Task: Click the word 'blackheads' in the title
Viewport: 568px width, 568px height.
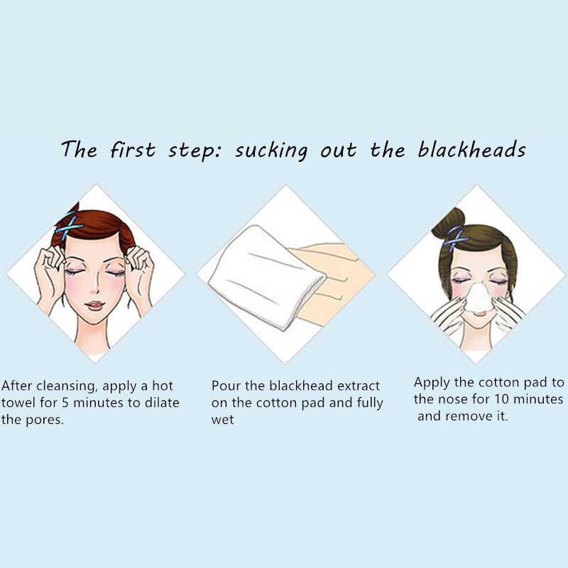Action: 471,149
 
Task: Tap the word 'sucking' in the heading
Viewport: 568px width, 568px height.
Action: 272,151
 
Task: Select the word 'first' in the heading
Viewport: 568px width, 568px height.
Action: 133,149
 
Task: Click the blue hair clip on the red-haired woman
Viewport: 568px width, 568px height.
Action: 69,227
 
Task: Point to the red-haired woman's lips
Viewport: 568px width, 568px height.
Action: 94,305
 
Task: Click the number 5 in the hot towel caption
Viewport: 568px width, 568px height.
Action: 65,403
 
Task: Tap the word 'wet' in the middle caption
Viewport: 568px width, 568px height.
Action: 222,420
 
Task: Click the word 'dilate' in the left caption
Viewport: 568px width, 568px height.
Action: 162,403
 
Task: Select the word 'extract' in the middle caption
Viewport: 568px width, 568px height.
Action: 359,386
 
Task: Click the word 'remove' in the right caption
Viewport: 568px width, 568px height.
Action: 469,416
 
